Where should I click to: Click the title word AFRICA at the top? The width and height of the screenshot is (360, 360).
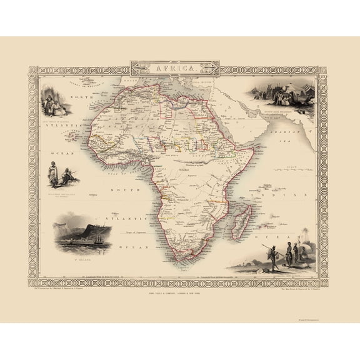(179, 65)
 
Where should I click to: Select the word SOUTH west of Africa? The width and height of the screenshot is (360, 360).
(120, 189)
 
